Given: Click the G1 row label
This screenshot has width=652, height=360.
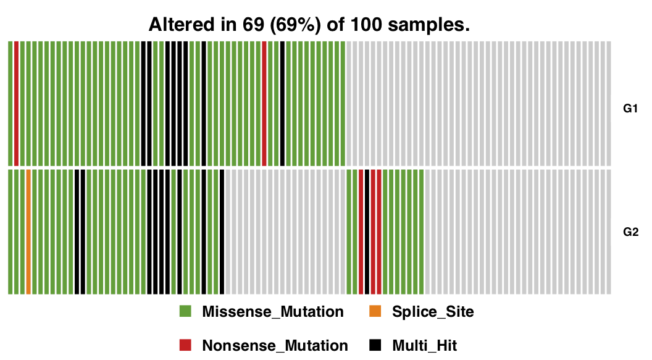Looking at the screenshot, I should pos(630,109).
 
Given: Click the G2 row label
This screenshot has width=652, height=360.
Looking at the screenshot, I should pos(630,233).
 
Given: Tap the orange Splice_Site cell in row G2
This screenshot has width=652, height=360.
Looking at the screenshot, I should pos(28,232).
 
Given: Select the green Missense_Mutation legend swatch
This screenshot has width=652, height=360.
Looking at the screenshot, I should pos(185,311).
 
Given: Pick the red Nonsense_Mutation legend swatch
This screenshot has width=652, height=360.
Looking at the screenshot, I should pos(185,345).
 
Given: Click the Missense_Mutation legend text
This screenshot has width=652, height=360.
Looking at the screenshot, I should pos(272,312).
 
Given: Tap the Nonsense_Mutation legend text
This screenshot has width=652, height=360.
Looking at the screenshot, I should pos(275,345).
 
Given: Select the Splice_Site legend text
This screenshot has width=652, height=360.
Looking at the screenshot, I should pos(433,312).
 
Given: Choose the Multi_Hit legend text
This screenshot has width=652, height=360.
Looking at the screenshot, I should pos(424,345).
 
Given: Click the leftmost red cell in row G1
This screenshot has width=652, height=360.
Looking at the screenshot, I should pos(17,103).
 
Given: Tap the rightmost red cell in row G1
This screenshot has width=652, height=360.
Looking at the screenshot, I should pos(264,103).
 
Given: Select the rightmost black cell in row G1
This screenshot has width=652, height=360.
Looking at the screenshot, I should pos(282,103).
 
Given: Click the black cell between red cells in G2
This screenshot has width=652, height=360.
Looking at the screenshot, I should pos(367,232).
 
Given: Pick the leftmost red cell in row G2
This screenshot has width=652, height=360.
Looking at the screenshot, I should pos(361,232).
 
